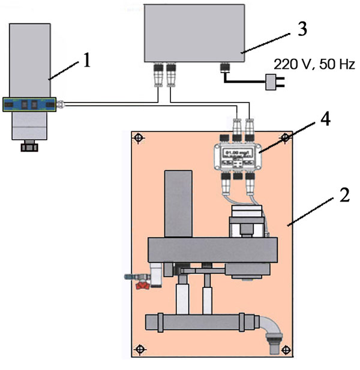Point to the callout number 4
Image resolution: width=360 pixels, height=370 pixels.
(x=325, y=119)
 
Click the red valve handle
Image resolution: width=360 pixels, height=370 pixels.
(x=142, y=287)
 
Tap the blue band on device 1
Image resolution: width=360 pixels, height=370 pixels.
(x=29, y=104)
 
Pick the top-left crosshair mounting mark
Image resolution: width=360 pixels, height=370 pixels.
(x=139, y=137)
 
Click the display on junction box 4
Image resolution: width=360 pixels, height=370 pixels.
(x=236, y=153)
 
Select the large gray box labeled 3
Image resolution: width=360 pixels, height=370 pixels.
(x=194, y=31)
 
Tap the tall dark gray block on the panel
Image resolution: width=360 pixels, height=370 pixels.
(x=178, y=204)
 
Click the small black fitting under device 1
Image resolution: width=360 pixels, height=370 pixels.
(x=29, y=147)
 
